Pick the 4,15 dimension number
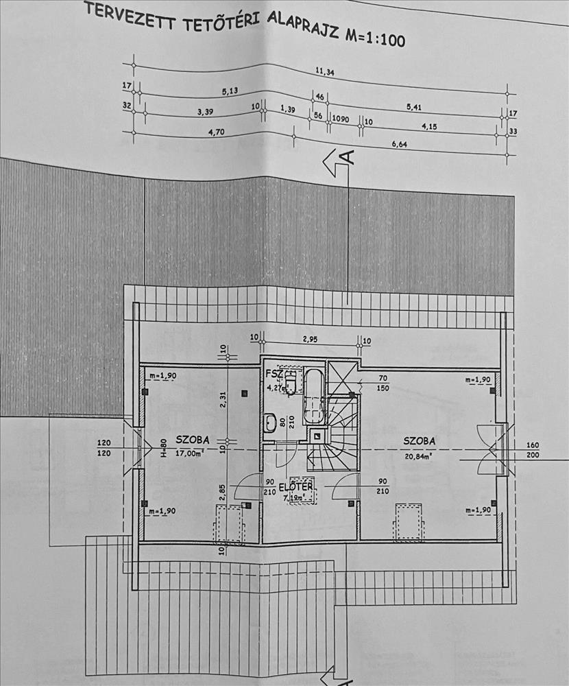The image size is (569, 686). pyautogui.click(x=429, y=126)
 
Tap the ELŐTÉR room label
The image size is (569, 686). pyautogui.click(x=298, y=487)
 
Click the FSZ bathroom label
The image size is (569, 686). pyautogui.click(x=273, y=374)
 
